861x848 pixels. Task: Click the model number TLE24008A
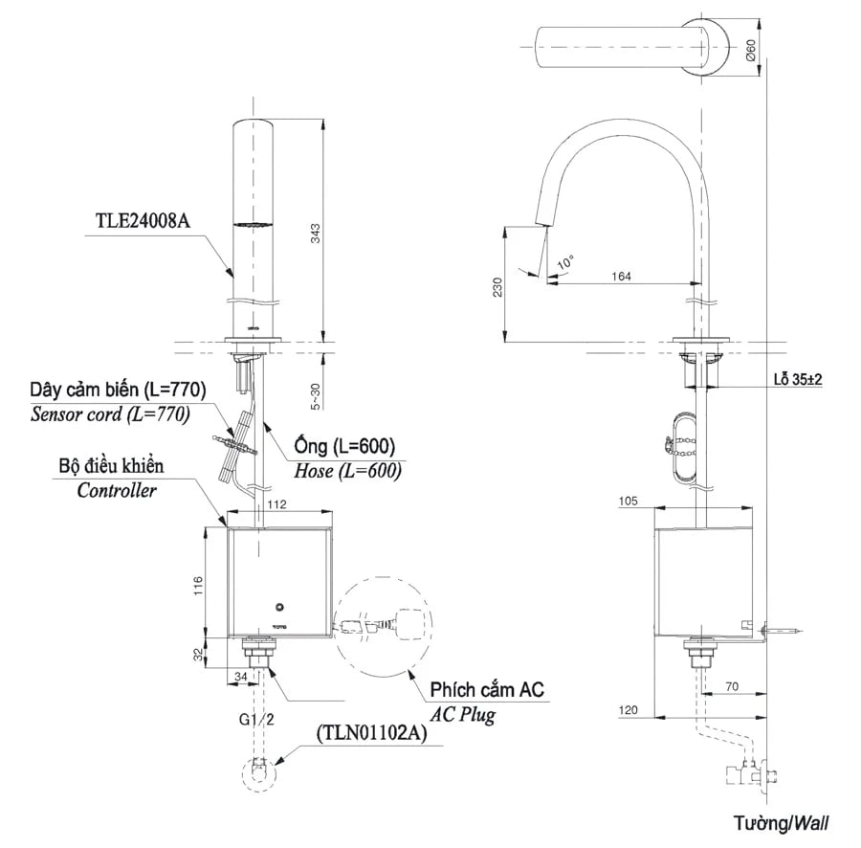pyautogui.click(x=143, y=219)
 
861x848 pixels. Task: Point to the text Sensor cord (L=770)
pyautogui.click(x=110, y=414)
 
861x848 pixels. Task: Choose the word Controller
pyautogui.click(x=117, y=491)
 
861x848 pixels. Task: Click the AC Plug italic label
pyautogui.click(x=462, y=714)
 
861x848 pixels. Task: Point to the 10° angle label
pyautogui.click(x=566, y=261)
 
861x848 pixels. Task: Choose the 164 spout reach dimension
pyautogui.click(x=621, y=276)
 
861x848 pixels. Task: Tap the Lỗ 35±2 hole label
pyautogui.click(x=798, y=379)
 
